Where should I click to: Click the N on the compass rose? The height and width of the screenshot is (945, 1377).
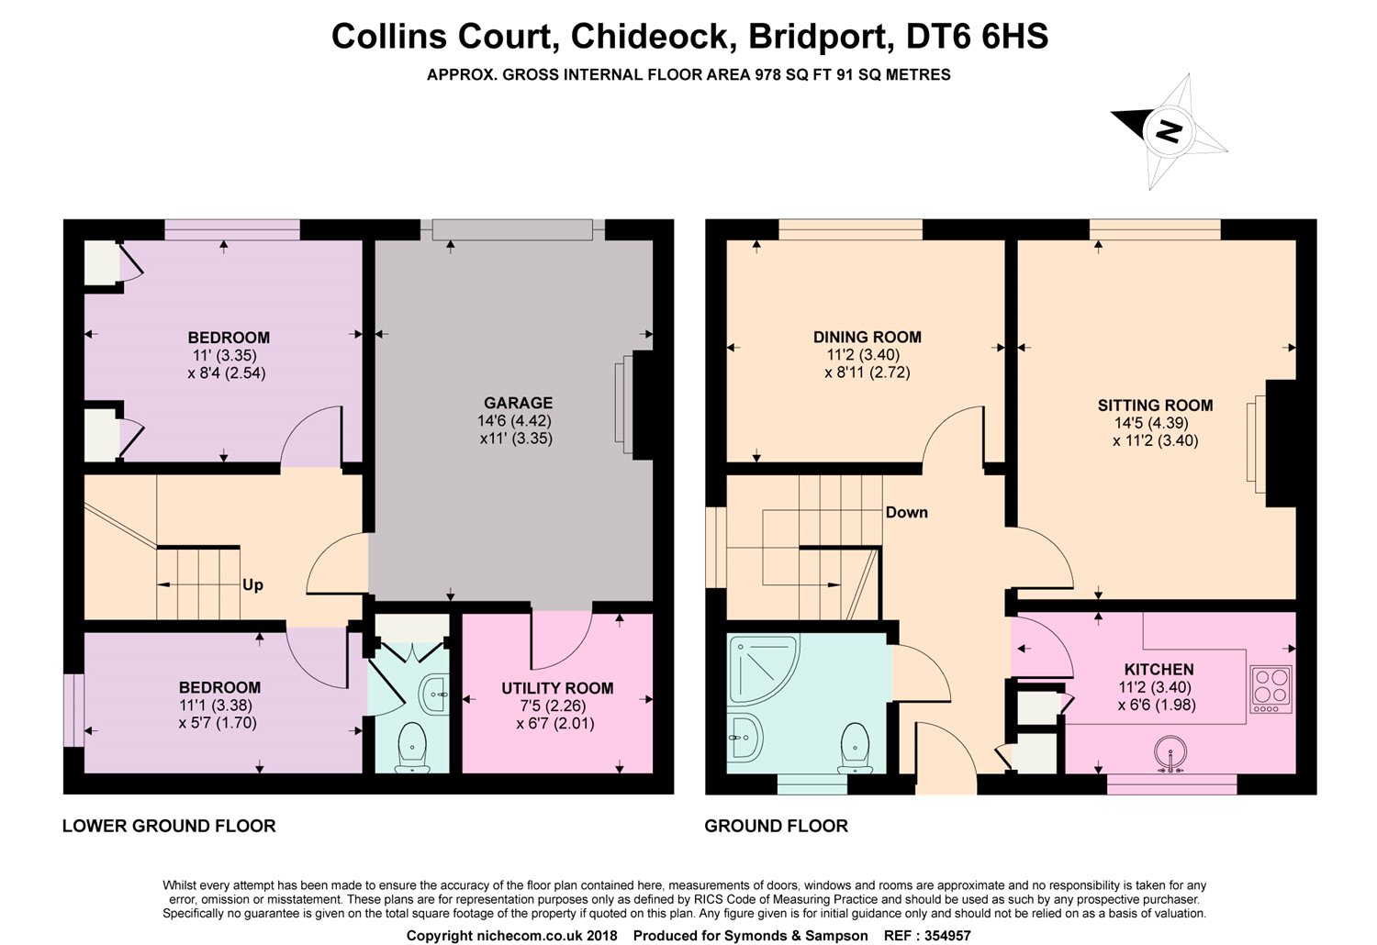pyautogui.click(x=1169, y=131)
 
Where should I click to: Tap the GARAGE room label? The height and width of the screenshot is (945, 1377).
pyautogui.click(x=519, y=403)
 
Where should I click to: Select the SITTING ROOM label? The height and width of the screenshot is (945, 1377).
pyautogui.click(x=1156, y=406)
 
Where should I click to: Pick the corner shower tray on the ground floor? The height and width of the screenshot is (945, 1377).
pyautogui.click(x=763, y=671)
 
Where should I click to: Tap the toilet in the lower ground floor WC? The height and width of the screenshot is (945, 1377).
pyautogui.click(x=413, y=747)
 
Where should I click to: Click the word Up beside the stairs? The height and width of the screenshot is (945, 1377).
pyautogui.click(x=252, y=584)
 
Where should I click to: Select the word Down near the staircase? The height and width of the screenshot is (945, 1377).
pyautogui.click(x=907, y=513)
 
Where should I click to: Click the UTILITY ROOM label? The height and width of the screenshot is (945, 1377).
pyautogui.click(x=557, y=688)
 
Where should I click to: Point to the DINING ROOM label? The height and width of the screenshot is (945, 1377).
pyautogui.click(x=868, y=337)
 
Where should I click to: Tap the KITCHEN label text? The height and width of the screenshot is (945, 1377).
pyautogui.click(x=1159, y=669)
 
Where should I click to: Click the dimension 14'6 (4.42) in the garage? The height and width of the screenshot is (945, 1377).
pyautogui.click(x=514, y=421)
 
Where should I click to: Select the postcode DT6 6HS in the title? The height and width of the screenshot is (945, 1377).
pyautogui.click(x=977, y=37)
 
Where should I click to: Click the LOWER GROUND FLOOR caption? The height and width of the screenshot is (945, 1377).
pyautogui.click(x=169, y=826)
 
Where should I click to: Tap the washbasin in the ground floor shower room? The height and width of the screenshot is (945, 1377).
pyautogui.click(x=745, y=737)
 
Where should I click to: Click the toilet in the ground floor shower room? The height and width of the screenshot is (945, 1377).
pyautogui.click(x=855, y=748)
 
